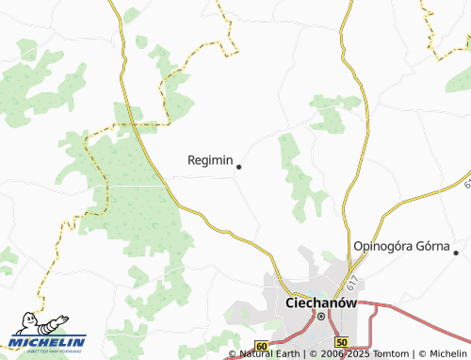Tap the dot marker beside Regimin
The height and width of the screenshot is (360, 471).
pos(238,167)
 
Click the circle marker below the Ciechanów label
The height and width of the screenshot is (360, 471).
pos(320,317)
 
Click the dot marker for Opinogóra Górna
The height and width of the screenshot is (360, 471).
pos(456,252)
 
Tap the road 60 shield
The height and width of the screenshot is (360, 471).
pos(261,347)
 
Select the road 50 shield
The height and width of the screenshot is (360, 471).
pos(341,342)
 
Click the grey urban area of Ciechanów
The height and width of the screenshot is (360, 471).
pos(300,283)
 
